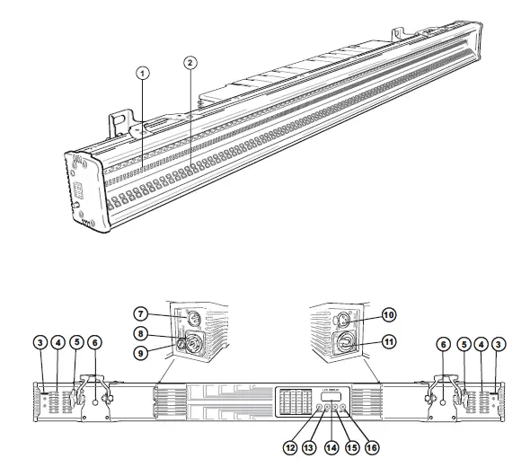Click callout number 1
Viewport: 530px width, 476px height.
[x=144, y=71]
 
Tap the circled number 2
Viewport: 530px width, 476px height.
[x=190, y=62]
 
